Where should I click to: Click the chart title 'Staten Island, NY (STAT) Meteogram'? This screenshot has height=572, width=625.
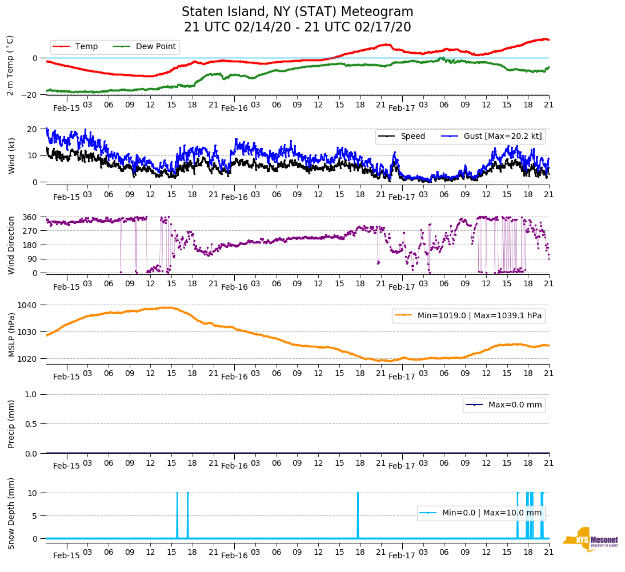297,12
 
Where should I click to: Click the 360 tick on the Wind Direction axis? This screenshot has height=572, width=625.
30,217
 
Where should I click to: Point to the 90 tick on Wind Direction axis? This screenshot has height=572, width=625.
33,259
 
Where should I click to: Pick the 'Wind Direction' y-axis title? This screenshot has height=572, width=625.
12,245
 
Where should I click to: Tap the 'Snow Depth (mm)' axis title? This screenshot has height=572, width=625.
12,513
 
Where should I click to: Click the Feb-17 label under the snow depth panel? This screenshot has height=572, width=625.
402,555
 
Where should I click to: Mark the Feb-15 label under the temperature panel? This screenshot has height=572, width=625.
67,108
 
